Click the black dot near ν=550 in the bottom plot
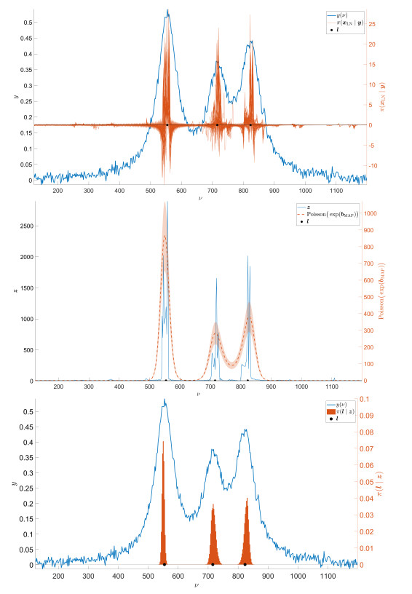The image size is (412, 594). pos(165,564)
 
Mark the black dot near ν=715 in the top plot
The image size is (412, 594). pos(217,125)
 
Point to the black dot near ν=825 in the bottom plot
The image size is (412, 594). pos(245,564)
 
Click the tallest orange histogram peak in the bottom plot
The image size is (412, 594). pos(163,442)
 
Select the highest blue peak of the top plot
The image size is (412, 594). pos(168,10)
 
